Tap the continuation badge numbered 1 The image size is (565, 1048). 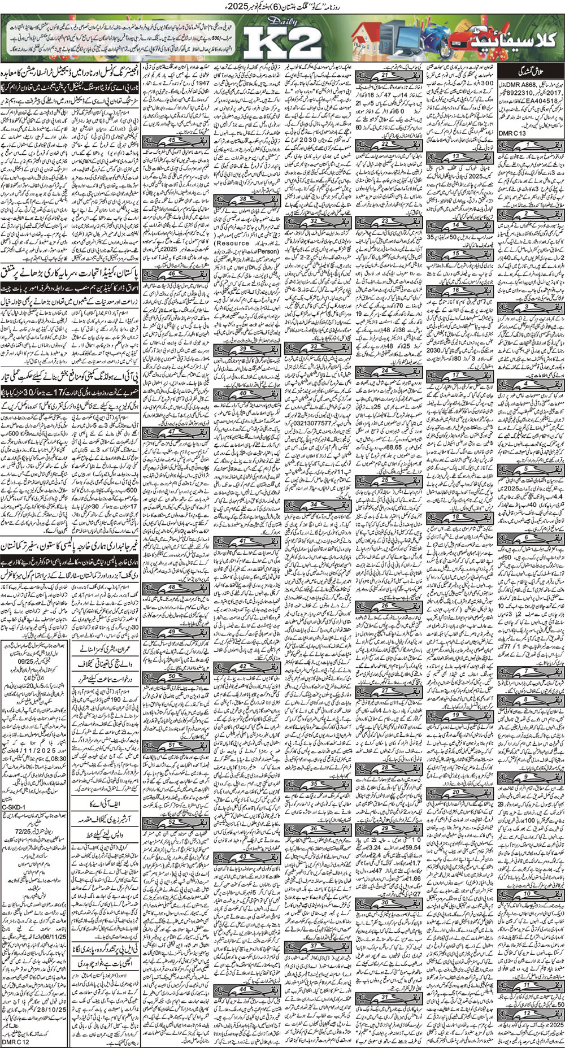526,145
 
